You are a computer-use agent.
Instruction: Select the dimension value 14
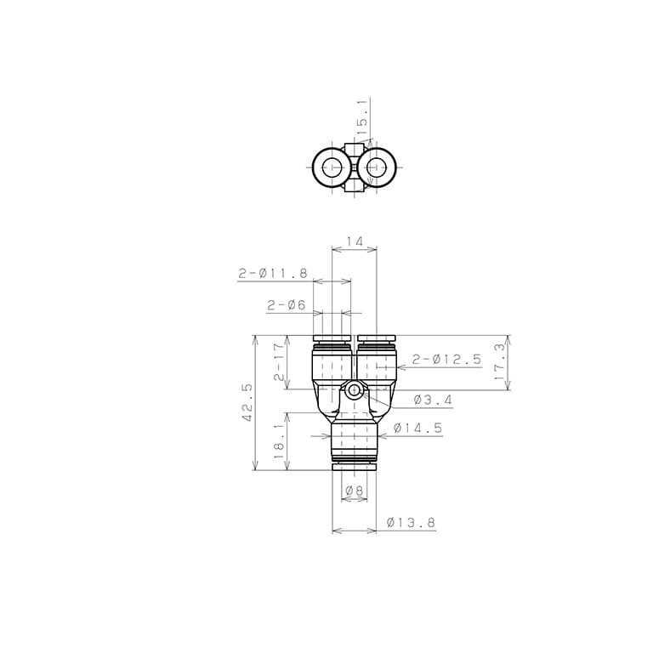354,241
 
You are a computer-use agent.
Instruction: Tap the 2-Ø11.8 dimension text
273,273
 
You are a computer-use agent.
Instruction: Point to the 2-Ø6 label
287,305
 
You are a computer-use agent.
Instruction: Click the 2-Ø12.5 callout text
446,359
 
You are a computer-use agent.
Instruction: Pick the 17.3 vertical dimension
500,361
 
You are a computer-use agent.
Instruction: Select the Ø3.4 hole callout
433,400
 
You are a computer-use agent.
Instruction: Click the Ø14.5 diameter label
417,428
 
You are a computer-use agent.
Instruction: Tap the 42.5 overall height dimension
247,403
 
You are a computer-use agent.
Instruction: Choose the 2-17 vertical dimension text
280,361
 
